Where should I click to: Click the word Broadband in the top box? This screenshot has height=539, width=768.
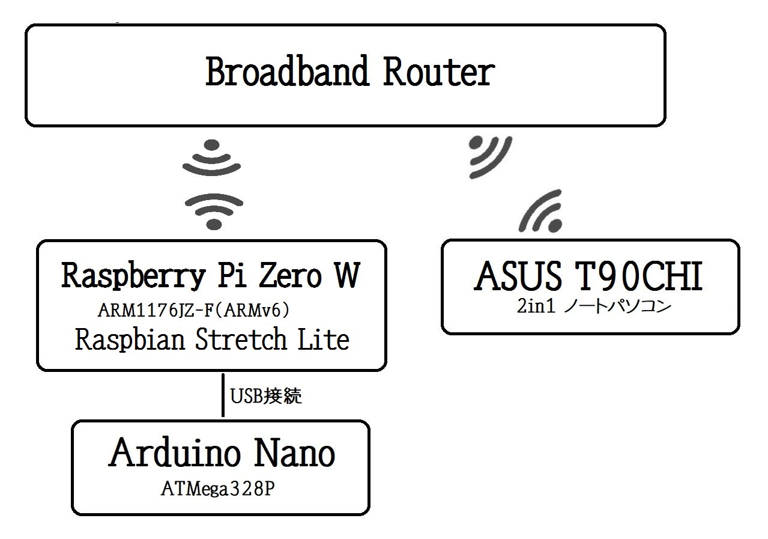click(287, 71)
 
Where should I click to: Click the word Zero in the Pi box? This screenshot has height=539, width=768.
click(290, 275)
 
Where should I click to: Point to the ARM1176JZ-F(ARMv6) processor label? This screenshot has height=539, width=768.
click(194, 311)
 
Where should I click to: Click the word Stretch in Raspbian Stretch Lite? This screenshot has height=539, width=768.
click(241, 339)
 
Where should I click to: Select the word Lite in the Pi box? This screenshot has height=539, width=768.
click(323, 339)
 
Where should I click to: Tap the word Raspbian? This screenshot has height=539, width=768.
click(130, 340)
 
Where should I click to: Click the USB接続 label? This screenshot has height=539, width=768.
click(266, 396)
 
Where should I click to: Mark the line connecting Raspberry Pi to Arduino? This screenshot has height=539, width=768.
click(223, 395)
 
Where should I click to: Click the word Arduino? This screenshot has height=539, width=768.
click(175, 453)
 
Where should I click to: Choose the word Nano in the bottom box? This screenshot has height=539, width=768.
click(294, 453)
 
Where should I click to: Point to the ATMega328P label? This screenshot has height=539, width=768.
click(218, 489)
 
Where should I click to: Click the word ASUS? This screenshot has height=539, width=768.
click(518, 276)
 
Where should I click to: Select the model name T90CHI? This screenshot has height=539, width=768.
click(639, 276)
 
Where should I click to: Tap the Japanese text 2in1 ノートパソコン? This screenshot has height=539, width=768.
click(594, 306)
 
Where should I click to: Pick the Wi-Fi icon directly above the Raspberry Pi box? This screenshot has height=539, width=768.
click(214, 212)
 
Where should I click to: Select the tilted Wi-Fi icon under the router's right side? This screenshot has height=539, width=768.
click(490, 157)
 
